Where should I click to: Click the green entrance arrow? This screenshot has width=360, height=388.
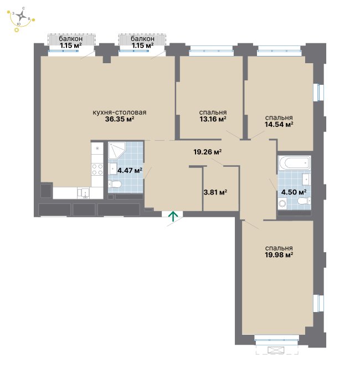point(173,217)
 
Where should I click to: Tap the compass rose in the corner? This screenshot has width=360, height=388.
point(22,16)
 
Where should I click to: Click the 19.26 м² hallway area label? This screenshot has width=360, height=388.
point(207,152)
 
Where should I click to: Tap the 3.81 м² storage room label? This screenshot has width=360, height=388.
point(215,192)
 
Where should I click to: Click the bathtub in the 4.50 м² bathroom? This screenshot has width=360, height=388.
point(294,163)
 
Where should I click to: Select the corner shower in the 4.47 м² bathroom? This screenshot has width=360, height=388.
point(117,150)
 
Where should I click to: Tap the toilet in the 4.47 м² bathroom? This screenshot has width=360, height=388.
point(115,184)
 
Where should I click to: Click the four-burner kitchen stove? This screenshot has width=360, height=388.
point(97,170)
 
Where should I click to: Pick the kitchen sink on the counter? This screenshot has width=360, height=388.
point(84,193)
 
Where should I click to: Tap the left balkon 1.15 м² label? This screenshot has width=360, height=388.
point(71,42)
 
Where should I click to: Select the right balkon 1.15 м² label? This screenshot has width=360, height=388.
point(142,42)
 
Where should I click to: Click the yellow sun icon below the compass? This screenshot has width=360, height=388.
point(17,30)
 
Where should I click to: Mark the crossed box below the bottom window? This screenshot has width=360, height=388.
point(276,350)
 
